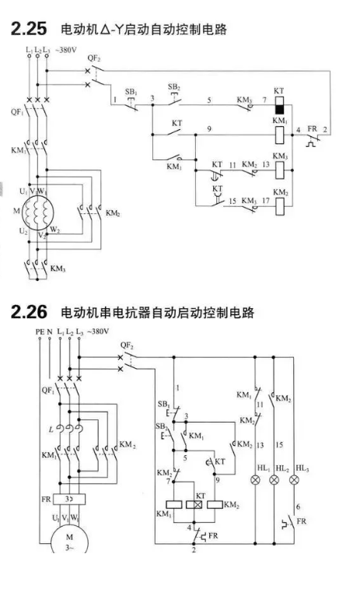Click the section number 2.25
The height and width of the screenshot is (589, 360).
point(29,29)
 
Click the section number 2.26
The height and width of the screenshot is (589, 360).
point(29,312)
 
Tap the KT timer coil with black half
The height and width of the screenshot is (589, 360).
point(279,105)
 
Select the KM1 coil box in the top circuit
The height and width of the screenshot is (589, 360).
point(280,135)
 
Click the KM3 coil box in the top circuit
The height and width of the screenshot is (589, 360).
point(280,170)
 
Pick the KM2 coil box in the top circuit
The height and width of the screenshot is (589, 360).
point(280,206)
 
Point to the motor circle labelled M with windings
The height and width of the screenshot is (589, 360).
point(37,212)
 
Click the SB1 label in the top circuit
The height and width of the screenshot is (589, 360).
point(131,92)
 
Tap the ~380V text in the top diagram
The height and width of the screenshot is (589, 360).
point(65,50)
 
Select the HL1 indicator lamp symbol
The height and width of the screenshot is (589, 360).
point(256,480)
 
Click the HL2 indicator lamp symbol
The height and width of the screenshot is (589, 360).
point(274,480)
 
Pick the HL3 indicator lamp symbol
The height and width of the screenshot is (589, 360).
point(295,480)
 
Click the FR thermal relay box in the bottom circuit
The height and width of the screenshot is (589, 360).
point(69,500)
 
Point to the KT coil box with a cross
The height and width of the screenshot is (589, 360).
point(194,504)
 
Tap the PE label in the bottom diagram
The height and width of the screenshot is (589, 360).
point(40,332)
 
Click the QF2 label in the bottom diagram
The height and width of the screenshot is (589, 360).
point(127,345)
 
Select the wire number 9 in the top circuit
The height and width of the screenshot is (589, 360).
point(209,129)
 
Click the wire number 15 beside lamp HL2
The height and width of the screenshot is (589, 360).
point(279,445)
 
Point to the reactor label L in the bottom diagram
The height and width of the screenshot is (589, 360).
point(51,429)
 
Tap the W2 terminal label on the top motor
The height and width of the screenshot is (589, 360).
point(54,230)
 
